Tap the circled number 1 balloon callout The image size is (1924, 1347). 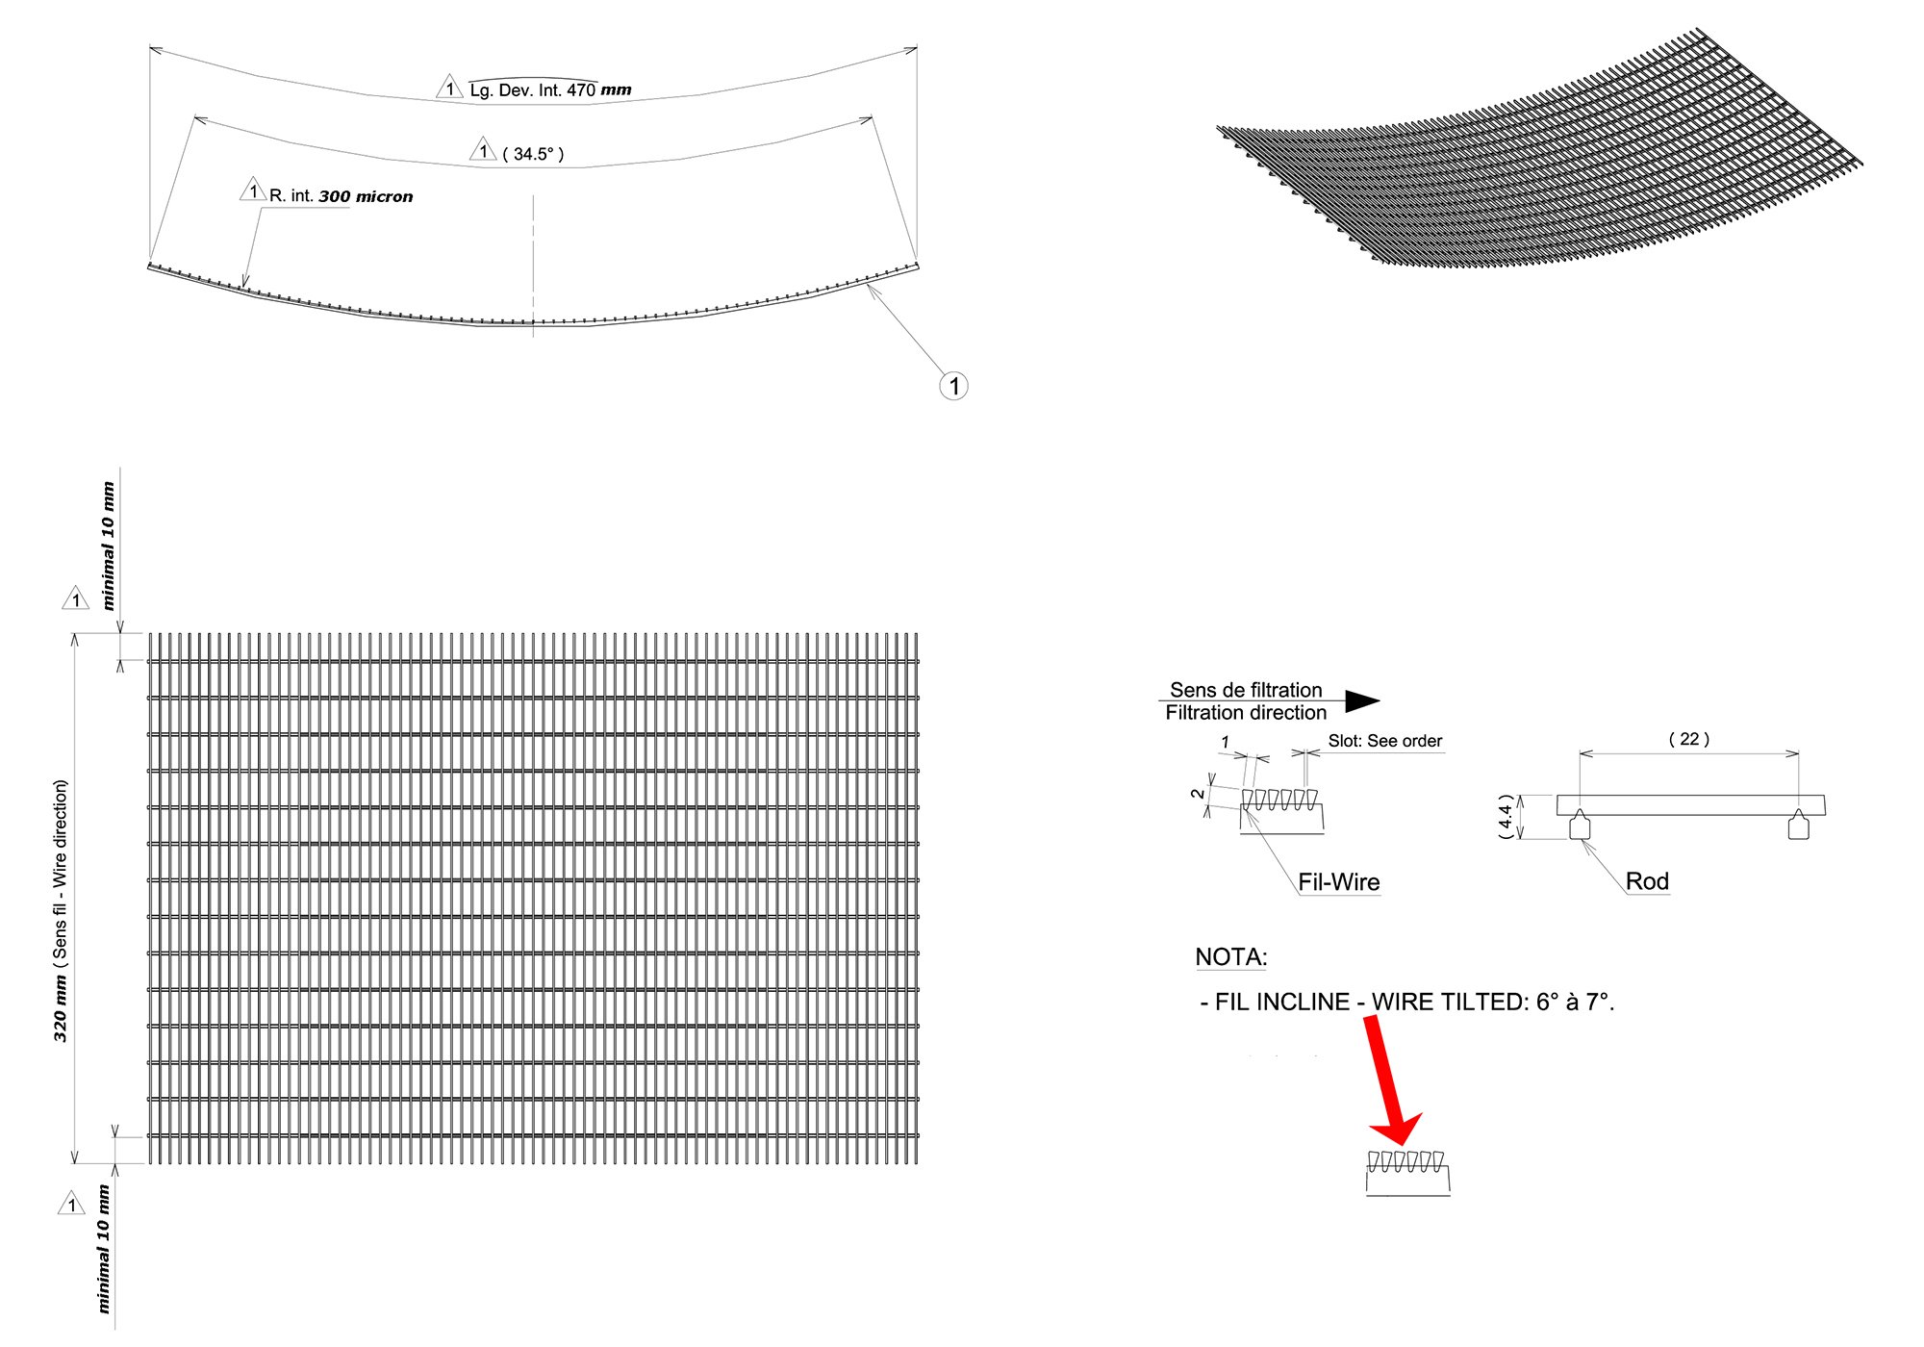(x=953, y=387)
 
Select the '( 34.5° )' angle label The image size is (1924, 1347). (x=533, y=154)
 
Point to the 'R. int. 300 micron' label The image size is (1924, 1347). (x=341, y=196)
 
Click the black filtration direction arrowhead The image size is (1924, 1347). (x=1361, y=701)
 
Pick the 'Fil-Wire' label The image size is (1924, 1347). (x=1338, y=882)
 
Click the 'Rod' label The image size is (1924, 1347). (x=1646, y=881)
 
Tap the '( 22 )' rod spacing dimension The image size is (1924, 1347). (x=1688, y=739)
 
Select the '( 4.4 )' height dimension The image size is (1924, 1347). (x=1506, y=816)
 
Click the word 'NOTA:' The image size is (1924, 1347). (x=1230, y=957)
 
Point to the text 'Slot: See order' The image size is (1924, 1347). (x=1384, y=741)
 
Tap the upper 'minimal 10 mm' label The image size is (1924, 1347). (x=108, y=546)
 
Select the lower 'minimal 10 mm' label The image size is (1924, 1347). (x=103, y=1249)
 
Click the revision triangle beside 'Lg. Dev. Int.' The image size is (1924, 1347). (x=449, y=89)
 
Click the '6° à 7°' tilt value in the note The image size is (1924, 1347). (x=1575, y=1003)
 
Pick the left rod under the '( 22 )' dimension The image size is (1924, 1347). (x=1580, y=826)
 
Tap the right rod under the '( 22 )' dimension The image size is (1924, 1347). (x=1798, y=826)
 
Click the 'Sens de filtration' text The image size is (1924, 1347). (x=1245, y=690)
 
